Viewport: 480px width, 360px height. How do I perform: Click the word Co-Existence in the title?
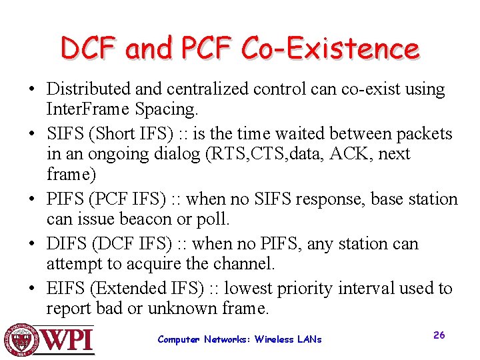pyautogui.click(x=331, y=49)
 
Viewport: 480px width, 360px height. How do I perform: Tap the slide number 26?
pyautogui.click(x=439, y=335)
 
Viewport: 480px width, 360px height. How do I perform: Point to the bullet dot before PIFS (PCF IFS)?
pyautogui.click(x=32, y=200)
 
